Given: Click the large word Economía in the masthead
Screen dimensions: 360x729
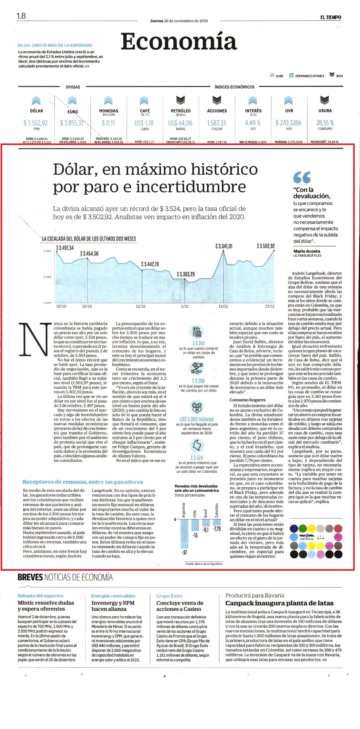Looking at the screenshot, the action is pyautogui.click(x=179, y=41).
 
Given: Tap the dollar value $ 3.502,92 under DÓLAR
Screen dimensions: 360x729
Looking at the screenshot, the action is pyautogui.click(x=36, y=123).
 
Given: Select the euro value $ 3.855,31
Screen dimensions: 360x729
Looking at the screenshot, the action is pyautogui.click(x=72, y=123).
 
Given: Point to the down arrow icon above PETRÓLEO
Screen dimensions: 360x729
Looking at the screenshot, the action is pyautogui.click(x=180, y=100).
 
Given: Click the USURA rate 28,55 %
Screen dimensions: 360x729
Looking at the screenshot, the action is pyautogui.click(x=325, y=123).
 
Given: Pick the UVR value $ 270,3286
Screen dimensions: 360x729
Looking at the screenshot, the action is pyautogui.click(x=289, y=123).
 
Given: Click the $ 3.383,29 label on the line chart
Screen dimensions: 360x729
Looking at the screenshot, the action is pyautogui.click(x=186, y=274).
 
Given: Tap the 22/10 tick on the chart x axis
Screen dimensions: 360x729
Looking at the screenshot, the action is pyautogui.click(x=141, y=306).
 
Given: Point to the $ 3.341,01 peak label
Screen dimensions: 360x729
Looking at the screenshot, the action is pyautogui.click(x=224, y=246).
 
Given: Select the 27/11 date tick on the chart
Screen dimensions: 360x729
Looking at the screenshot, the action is pyautogui.click(x=270, y=306).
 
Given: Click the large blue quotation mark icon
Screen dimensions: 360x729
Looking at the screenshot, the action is pyautogui.click(x=302, y=177).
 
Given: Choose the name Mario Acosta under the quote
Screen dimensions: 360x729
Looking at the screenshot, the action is pyautogui.click(x=307, y=251).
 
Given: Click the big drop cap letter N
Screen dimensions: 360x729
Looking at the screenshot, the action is pyautogui.click(x=35, y=339).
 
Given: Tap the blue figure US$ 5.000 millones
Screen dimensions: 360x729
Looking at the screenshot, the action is pyautogui.click(x=197, y=419).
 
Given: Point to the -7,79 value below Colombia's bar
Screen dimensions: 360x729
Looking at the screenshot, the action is pyautogui.click(x=217, y=529).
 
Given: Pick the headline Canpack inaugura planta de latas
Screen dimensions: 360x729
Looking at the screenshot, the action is pyautogui.click(x=279, y=603).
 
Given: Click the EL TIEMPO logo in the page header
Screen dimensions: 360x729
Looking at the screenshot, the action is pyautogui.click(x=331, y=17).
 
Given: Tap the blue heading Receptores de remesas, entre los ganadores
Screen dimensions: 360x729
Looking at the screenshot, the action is pyautogui.click(x=83, y=482).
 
